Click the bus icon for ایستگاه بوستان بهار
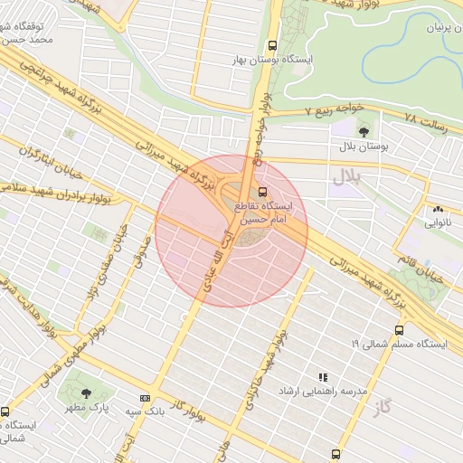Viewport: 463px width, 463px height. [272, 46]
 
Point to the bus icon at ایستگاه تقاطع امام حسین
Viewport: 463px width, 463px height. [262, 192]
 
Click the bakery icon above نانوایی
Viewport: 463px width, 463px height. [439, 209]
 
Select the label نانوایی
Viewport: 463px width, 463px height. [439, 222]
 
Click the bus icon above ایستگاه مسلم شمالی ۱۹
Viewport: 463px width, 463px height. [399, 331]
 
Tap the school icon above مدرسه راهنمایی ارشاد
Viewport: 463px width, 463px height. [322, 376]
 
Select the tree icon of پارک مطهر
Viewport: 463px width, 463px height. [86, 393]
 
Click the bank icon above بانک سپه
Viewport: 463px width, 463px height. [145, 398]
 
